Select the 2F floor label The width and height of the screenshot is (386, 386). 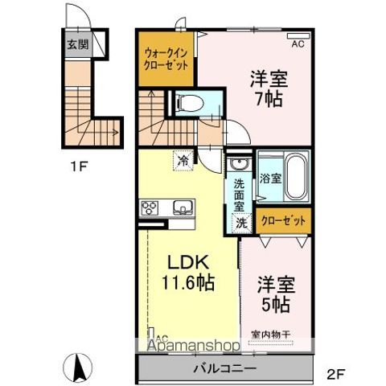tap(336, 373)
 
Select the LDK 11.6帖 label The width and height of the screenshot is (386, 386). tap(188, 273)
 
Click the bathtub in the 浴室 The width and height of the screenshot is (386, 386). tap(294, 178)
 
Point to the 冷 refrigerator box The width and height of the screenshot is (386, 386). tap(183, 160)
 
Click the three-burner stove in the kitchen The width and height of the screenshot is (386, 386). tap(150, 208)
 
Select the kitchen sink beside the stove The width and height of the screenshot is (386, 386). tap(183, 208)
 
